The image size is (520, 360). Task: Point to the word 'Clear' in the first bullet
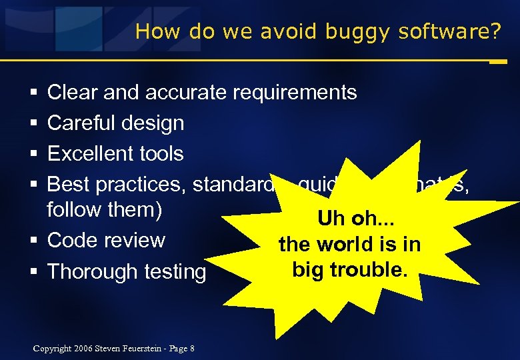[72, 93]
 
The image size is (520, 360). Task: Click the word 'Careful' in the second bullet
[81, 123]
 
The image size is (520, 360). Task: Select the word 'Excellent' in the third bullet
[89, 153]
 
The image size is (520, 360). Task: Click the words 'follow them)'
[105, 209]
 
